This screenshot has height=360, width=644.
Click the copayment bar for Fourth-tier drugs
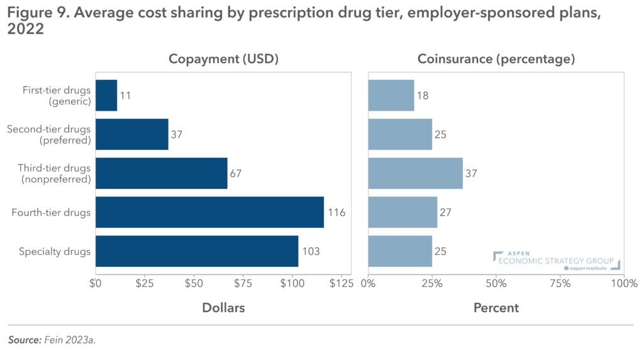[x=209, y=213]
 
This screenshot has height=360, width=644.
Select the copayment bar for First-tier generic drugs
[x=106, y=96]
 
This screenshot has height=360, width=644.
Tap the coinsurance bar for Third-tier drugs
[x=415, y=173]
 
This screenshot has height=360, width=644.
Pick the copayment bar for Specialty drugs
[x=197, y=251]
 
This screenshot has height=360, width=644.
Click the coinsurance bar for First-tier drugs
[x=391, y=96]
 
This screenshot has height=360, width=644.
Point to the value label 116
[x=336, y=213]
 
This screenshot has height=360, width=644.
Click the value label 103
[x=311, y=251]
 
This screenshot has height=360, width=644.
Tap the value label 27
[x=447, y=213]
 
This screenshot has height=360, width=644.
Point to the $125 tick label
[x=341, y=283]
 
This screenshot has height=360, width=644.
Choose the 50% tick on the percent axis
[x=496, y=283]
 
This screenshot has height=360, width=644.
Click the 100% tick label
[x=623, y=283]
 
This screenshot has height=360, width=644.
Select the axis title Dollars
[x=223, y=308]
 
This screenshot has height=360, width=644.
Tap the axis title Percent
[x=496, y=308]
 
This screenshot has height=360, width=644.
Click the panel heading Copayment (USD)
[x=223, y=59]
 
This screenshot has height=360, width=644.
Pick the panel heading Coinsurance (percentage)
[x=496, y=59]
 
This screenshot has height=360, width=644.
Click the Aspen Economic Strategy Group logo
[x=557, y=261]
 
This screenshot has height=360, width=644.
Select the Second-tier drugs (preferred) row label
[x=49, y=135]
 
